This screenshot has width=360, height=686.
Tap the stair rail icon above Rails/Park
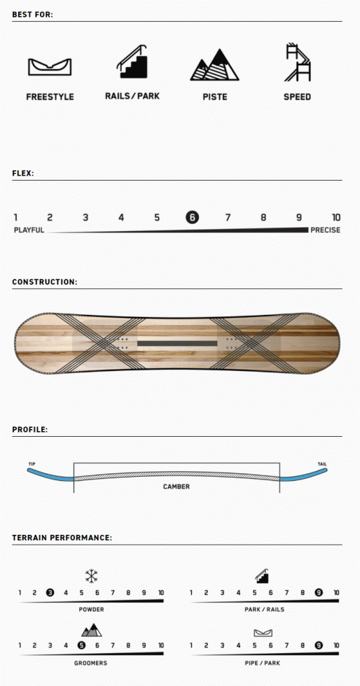click(132, 62)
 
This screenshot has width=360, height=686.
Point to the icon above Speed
click(298, 62)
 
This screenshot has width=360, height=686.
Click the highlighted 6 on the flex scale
click(192, 217)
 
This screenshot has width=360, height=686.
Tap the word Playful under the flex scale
click(29, 230)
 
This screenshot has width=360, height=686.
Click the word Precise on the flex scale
click(326, 230)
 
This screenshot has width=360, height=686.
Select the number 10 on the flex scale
click(336, 218)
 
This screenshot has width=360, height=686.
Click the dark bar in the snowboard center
click(177, 344)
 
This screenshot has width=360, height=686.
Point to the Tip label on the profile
click(32, 463)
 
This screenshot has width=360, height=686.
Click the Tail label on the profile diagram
click(322, 463)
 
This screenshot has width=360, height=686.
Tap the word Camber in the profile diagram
click(176, 486)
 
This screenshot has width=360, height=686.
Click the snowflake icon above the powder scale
click(92, 575)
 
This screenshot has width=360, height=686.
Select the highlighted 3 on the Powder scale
click(50, 593)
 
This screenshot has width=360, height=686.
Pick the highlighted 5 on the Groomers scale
click(81, 645)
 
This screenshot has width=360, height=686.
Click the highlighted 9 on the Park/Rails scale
click(319, 593)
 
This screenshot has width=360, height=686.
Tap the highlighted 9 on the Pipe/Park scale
click(319, 645)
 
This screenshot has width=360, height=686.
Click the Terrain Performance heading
click(62, 538)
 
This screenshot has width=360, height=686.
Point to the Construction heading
click(45, 282)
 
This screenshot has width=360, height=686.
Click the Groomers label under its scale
click(90, 664)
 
